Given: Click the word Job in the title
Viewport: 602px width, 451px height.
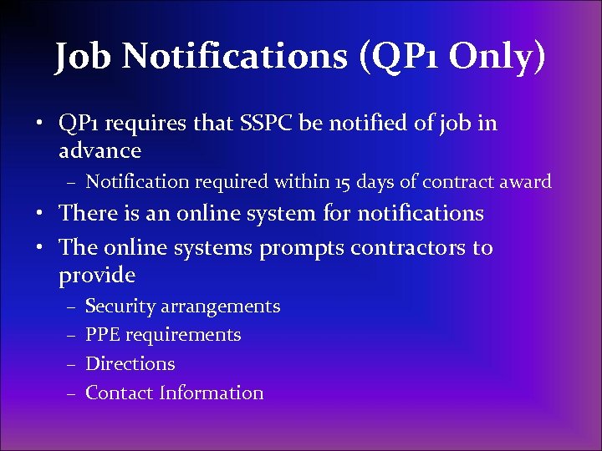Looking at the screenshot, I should tap(83, 56).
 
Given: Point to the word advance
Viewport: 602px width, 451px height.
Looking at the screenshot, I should tap(100, 150).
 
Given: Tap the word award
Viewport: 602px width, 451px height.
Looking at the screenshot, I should tap(526, 181).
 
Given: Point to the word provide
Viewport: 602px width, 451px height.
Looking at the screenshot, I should tap(97, 275).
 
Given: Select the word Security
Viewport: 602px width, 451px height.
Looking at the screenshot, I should tap(120, 307).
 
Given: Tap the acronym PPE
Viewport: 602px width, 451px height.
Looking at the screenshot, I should tap(104, 335).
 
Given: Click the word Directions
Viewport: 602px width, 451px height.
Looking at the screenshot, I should tap(130, 364).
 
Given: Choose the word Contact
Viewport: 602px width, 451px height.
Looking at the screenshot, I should tap(120, 393).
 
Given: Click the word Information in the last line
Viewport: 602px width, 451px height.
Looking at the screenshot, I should tap(212, 393).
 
